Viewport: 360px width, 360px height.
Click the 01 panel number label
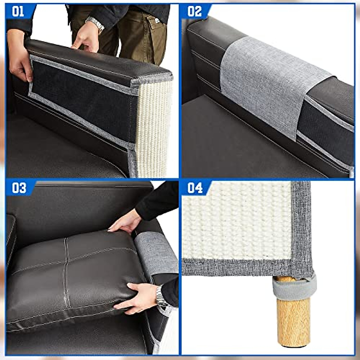18,12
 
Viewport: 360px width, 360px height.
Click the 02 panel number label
194,12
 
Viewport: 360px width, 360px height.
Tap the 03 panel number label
19,188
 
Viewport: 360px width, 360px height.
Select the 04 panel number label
195,188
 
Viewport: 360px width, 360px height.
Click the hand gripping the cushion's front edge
138,298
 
